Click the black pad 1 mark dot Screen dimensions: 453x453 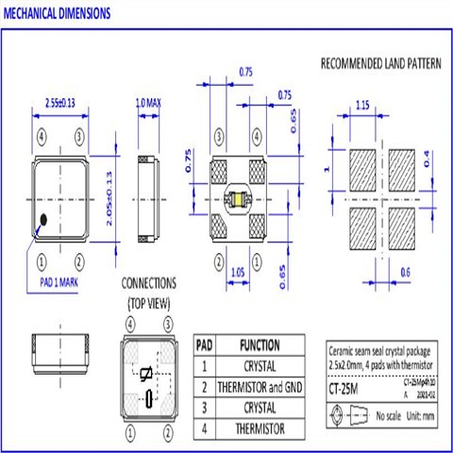click(43, 222)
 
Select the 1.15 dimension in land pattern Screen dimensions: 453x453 click(362, 108)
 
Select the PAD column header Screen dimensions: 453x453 click(204, 344)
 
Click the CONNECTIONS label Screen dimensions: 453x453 click(149, 283)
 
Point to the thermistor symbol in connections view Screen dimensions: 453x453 click(145, 375)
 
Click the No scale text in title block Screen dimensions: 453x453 click(392, 415)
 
